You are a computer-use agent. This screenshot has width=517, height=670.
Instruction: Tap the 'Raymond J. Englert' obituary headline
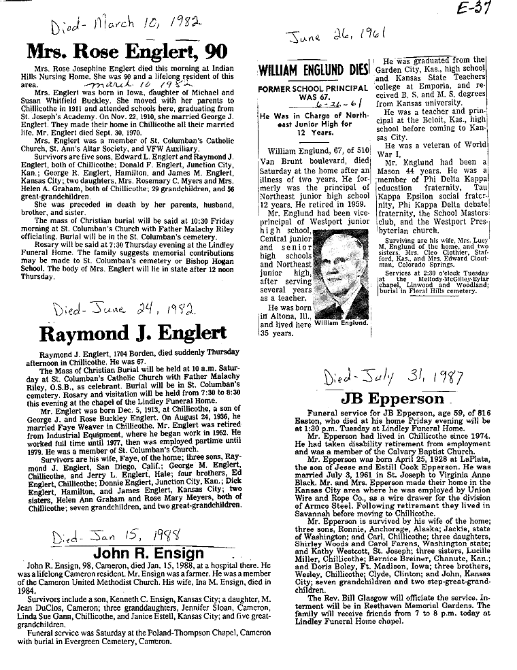tap(133, 333)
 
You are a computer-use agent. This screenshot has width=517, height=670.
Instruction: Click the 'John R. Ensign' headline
tap(148, 553)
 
